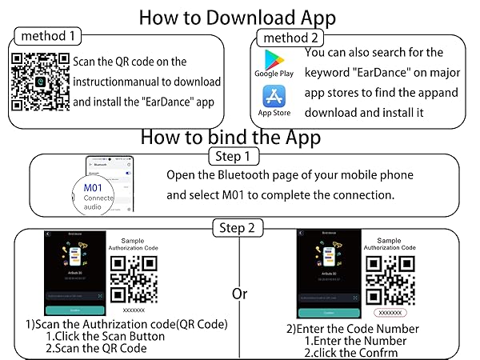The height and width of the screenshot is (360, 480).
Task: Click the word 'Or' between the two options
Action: [x=239, y=294]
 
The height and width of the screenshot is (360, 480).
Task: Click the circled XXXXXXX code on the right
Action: [x=391, y=314]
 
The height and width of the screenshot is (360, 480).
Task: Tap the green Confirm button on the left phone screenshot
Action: [x=75, y=310]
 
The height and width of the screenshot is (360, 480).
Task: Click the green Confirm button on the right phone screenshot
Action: [x=327, y=313]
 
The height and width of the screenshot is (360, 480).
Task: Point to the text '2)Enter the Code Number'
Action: [x=353, y=329]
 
